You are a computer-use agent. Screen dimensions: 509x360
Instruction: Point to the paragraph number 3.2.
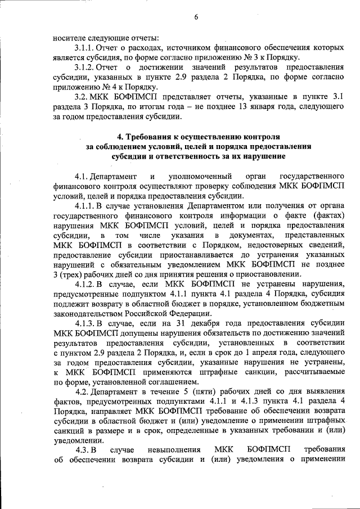click(x=81, y=97)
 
